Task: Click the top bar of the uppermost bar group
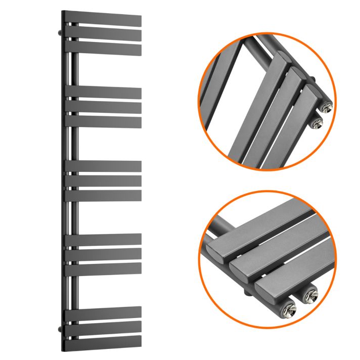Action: [x=104, y=21]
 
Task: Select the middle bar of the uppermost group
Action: [x=104, y=34]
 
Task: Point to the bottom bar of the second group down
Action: [x=104, y=122]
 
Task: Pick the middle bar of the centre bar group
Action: [x=104, y=181]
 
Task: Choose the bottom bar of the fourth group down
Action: [x=104, y=268]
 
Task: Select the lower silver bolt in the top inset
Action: [x=317, y=122]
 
